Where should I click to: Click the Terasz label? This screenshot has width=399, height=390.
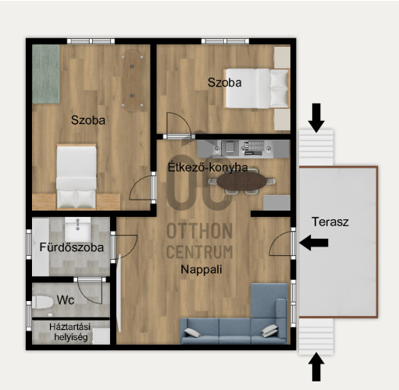[x=330, y=222]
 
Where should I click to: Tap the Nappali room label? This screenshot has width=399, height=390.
[x=201, y=270]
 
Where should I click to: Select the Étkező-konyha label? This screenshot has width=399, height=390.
[x=208, y=167]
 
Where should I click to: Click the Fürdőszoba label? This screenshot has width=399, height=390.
[x=72, y=247]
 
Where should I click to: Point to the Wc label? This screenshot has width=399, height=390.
[x=66, y=300]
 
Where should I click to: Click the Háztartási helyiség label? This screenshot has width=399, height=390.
[x=70, y=332]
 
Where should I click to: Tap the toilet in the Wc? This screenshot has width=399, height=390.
[x=42, y=302]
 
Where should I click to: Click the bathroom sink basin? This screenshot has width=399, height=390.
[x=77, y=229]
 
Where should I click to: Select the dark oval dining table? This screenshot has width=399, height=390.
[x=242, y=181]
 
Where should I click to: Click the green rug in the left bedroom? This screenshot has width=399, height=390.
[x=46, y=74]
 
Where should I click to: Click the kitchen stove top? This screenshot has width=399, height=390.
[x=254, y=148]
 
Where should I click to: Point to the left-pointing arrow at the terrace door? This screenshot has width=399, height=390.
[x=314, y=243]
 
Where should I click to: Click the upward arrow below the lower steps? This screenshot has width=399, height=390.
[x=316, y=367]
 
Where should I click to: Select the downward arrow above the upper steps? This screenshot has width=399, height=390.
[x=316, y=118]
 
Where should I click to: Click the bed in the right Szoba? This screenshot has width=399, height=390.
[x=257, y=88]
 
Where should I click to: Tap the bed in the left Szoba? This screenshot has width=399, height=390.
[x=77, y=177]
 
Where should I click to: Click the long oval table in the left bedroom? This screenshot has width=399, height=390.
[x=133, y=81]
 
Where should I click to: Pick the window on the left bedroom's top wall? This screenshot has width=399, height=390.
[x=91, y=41]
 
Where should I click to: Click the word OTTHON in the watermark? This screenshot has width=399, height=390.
[x=199, y=231]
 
